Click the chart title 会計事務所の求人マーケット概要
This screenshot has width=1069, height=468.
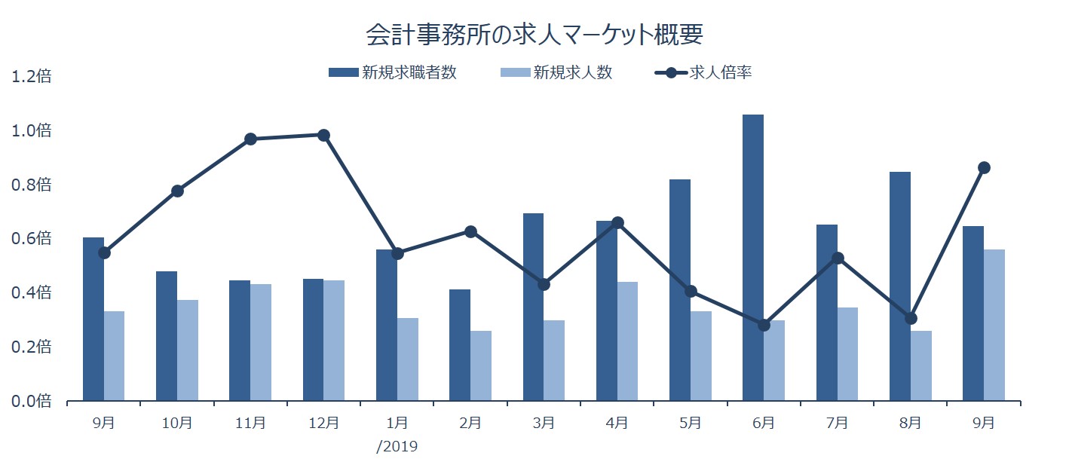(534, 35)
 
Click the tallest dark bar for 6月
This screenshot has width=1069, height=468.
(753, 257)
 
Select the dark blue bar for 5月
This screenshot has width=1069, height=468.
(680, 289)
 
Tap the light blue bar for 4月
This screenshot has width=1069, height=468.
(627, 341)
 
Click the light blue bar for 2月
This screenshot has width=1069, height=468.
(481, 366)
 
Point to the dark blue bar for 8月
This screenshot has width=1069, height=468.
(900, 286)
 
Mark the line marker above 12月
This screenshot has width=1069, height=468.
(324, 136)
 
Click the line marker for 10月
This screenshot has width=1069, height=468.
(177, 191)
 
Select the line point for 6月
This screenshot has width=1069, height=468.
(764, 325)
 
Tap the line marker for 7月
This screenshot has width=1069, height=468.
(837, 258)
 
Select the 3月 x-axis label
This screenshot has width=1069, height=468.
(544, 423)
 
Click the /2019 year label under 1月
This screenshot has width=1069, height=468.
(397, 446)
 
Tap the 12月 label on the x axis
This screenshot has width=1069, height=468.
(323, 423)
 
